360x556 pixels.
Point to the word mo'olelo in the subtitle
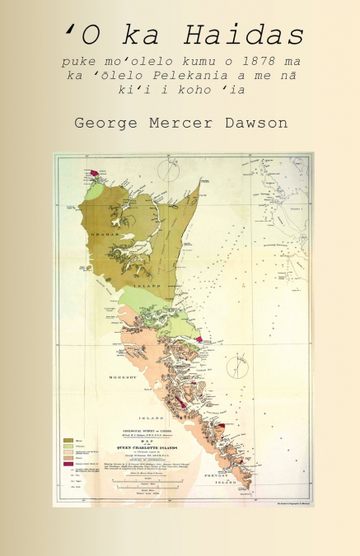135,62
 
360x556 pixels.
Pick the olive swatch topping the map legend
68,420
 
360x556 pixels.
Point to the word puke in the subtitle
76,62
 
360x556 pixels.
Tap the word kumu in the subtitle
194,62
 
